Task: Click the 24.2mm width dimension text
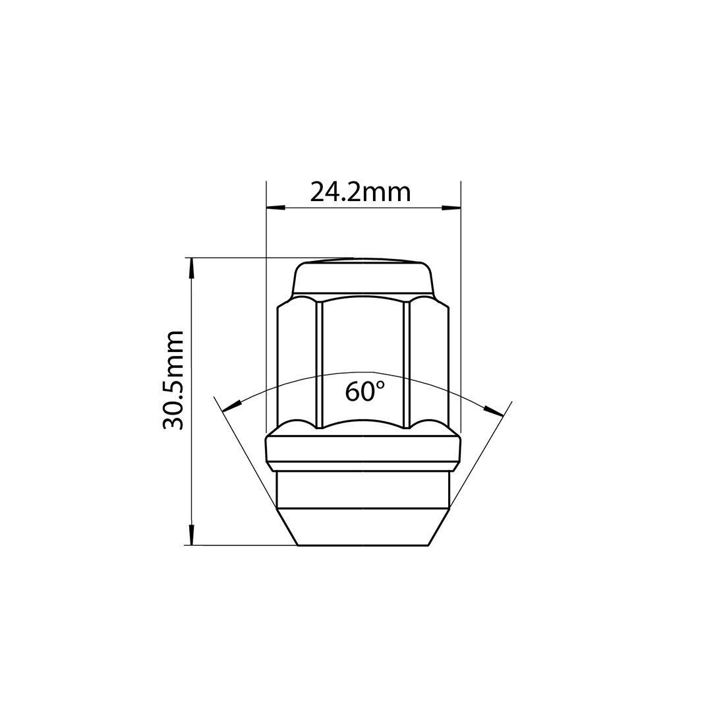pos(361,192)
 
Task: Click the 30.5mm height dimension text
pos(173,380)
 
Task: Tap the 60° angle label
pos(364,391)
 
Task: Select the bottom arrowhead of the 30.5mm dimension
pos(192,535)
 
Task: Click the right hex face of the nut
pos(429,362)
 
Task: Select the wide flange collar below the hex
pos(363,449)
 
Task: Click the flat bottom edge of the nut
pos(363,545)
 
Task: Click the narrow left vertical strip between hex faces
pos(320,362)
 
